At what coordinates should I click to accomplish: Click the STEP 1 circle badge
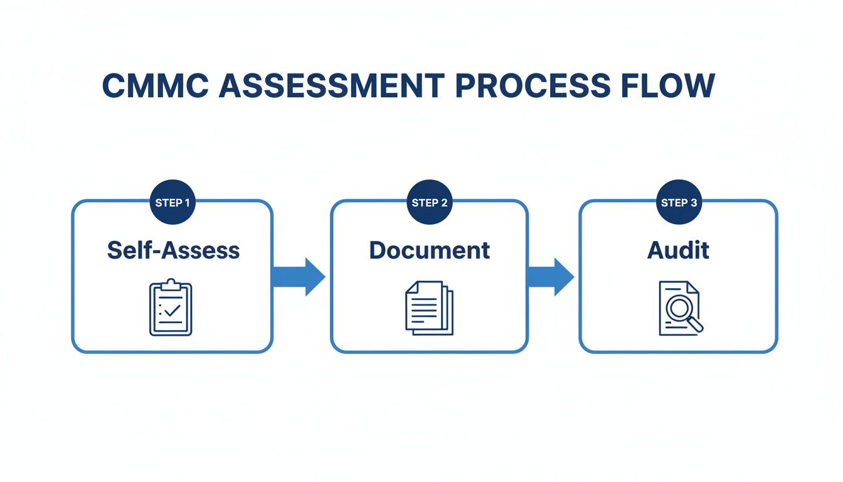point(172,202)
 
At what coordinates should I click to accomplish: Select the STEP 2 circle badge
point(430,202)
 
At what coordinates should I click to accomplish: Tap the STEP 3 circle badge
point(679,202)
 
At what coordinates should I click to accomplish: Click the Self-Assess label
point(173,250)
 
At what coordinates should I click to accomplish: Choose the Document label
point(430,250)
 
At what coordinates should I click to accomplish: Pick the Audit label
point(678,250)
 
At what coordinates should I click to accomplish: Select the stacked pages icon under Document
point(429,308)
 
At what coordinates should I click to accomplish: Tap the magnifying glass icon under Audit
point(680,308)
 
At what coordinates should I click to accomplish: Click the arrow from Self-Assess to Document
point(299,276)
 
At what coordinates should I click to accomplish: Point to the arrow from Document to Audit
point(550,276)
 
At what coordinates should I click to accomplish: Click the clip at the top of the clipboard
point(171,286)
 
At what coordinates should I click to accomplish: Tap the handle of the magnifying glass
point(696,324)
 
